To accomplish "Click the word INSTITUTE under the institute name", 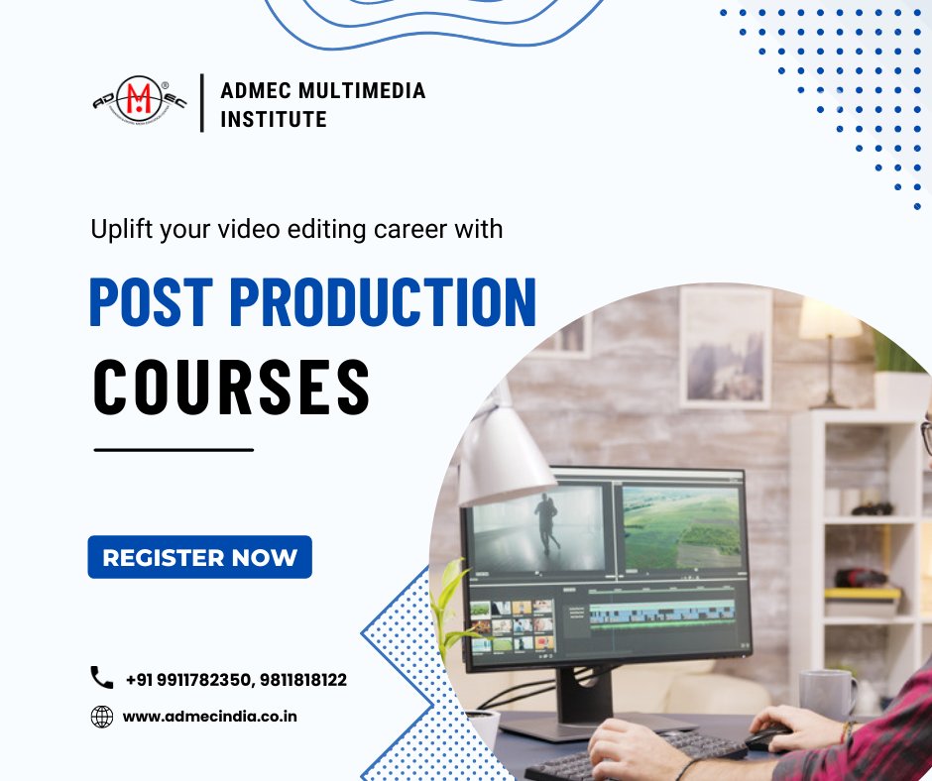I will point(274,120).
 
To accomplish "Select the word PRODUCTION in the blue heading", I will point(382,303).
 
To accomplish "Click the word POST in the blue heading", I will point(149,303).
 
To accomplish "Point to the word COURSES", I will point(232,388).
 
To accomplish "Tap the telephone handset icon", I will point(102,678).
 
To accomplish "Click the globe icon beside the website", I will point(102,716).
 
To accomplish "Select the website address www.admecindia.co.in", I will point(209,716).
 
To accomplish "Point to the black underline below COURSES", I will point(174,450).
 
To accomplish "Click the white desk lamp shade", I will point(501,456).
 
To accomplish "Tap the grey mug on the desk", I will point(826,693).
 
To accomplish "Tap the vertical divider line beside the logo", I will point(202,103).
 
